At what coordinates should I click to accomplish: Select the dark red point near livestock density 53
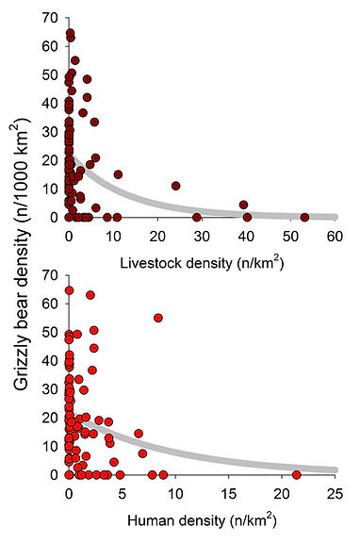click(x=304, y=217)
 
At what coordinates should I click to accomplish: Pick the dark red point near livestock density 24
click(x=175, y=186)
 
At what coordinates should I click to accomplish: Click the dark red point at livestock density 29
click(x=197, y=217)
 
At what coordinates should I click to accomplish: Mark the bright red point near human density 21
click(x=297, y=474)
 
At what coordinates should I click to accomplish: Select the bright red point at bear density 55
click(x=158, y=318)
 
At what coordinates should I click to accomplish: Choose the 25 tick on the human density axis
click(x=335, y=492)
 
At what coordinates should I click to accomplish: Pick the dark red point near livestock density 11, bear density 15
click(x=118, y=174)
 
